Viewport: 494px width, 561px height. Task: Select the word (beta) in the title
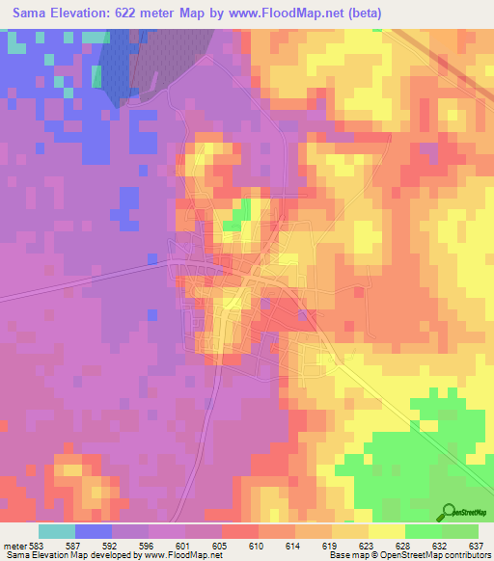point(356,13)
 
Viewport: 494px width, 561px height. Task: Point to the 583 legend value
point(35,546)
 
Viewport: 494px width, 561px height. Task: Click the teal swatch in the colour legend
point(57,531)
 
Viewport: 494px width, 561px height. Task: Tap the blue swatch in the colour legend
point(94,531)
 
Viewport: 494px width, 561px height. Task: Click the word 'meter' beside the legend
point(13,546)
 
